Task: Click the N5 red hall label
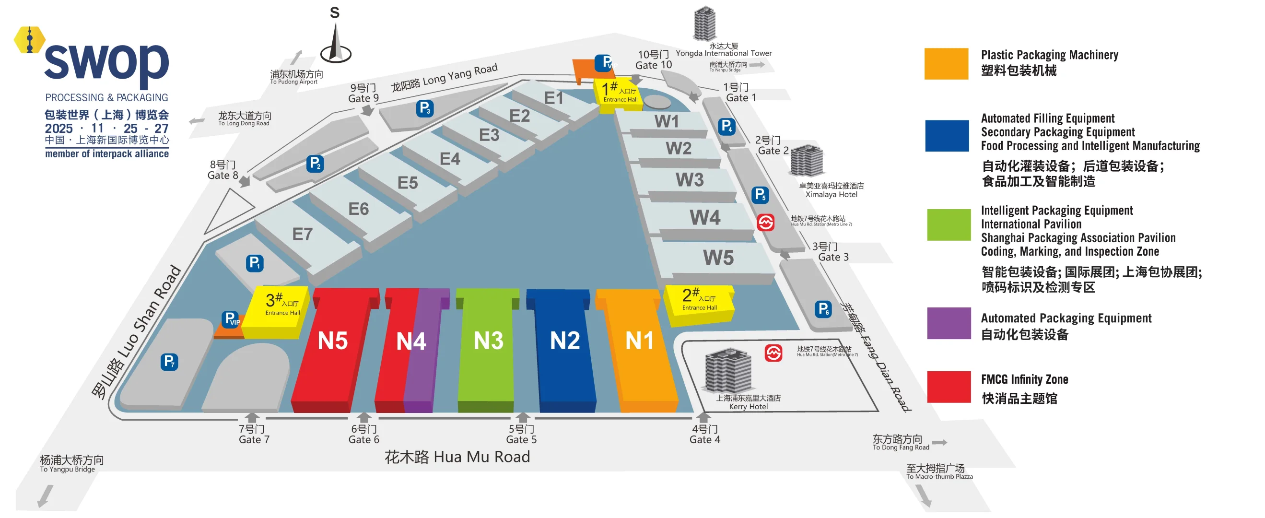tap(332, 341)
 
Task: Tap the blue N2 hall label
tap(565, 340)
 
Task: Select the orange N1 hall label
tap(639, 340)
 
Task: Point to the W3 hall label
tap(690, 180)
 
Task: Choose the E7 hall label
tap(302, 234)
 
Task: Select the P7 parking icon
tap(169, 362)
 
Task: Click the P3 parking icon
tap(425, 108)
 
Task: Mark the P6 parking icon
tap(823, 309)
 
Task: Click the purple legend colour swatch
tap(949, 324)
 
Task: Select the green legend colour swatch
tap(949, 225)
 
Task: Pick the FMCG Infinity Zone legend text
tap(1024, 379)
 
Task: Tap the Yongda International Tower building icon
tap(704, 24)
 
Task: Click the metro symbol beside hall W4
tap(765, 223)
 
